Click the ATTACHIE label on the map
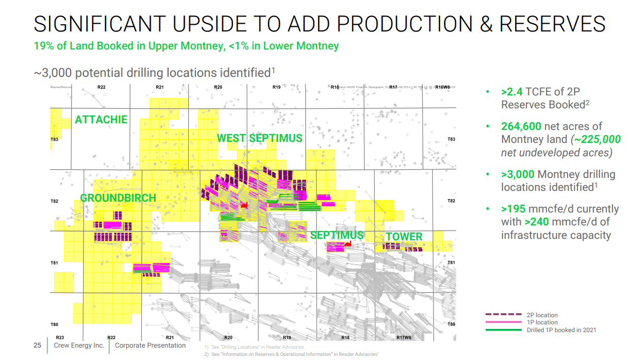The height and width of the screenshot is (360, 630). [101, 120]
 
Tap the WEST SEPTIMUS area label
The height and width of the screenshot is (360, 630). [259, 138]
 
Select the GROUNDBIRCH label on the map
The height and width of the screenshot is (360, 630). [118, 198]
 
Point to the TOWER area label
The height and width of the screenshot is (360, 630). [404, 237]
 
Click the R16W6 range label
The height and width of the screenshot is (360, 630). [442, 87]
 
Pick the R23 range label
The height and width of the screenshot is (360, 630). [59, 337]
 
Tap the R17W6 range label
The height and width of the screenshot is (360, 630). [404, 337]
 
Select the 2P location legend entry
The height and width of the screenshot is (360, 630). [542, 315]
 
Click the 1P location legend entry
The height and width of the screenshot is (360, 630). [542, 322]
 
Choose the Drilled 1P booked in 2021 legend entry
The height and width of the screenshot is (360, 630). [561, 330]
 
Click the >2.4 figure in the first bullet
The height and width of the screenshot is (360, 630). [511, 92]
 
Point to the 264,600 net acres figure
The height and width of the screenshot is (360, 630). [521, 126]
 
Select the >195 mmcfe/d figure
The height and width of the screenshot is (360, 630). [513, 209]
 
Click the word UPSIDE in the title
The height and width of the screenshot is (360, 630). [212, 24]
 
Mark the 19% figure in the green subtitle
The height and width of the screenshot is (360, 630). [43, 46]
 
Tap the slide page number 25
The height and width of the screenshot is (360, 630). [37, 346]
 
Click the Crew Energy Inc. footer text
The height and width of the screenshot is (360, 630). [79, 346]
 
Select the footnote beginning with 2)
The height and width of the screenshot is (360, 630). [291, 354]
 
